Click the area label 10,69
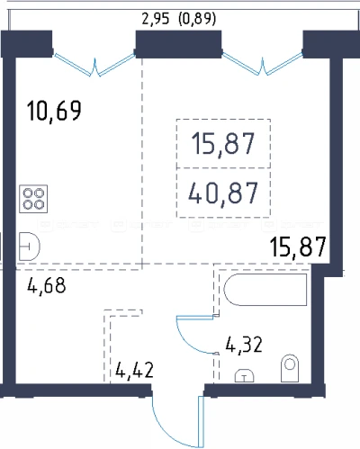click(54, 111)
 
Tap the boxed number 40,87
click(223, 193)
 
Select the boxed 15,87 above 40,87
click(223, 144)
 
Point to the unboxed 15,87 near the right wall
click(298, 247)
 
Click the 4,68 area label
click(47, 285)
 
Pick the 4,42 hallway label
click(134, 370)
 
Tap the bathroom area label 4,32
click(244, 345)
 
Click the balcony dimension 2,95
click(156, 19)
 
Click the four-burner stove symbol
click(33, 199)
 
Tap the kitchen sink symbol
click(30, 247)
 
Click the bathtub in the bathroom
click(265, 290)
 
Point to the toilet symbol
click(290, 368)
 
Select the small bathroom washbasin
click(244, 376)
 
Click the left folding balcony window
click(94, 65)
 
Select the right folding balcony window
click(262, 64)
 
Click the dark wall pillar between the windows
click(179, 44)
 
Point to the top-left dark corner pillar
click(27, 44)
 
